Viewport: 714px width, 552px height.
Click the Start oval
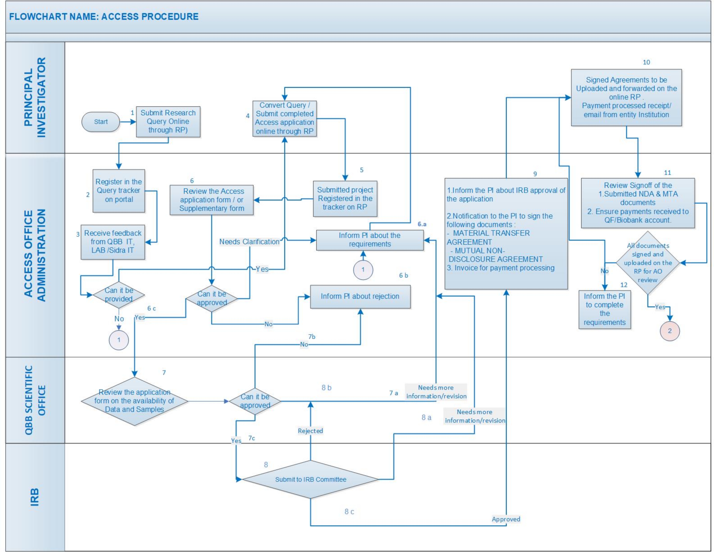coord(100,122)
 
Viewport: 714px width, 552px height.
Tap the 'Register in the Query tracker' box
coord(119,191)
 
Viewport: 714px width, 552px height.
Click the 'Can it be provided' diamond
coord(119,295)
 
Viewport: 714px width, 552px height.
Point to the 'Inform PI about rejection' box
coord(360,296)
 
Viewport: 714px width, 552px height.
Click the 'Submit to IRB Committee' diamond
coord(310,479)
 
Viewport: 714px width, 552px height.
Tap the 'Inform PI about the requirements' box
coord(370,240)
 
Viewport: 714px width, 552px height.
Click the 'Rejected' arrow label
coord(310,431)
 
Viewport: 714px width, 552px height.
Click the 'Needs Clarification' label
coord(249,242)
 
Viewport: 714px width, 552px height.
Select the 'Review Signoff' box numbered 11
coord(637,203)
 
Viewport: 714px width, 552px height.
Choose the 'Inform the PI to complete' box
coord(605,309)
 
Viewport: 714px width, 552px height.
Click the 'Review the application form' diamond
coord(134,401)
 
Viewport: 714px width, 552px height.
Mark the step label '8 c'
coord(349,511)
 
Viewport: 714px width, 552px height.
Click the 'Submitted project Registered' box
coord(345,198)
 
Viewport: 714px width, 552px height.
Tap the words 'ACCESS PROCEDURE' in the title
coord(150,17)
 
